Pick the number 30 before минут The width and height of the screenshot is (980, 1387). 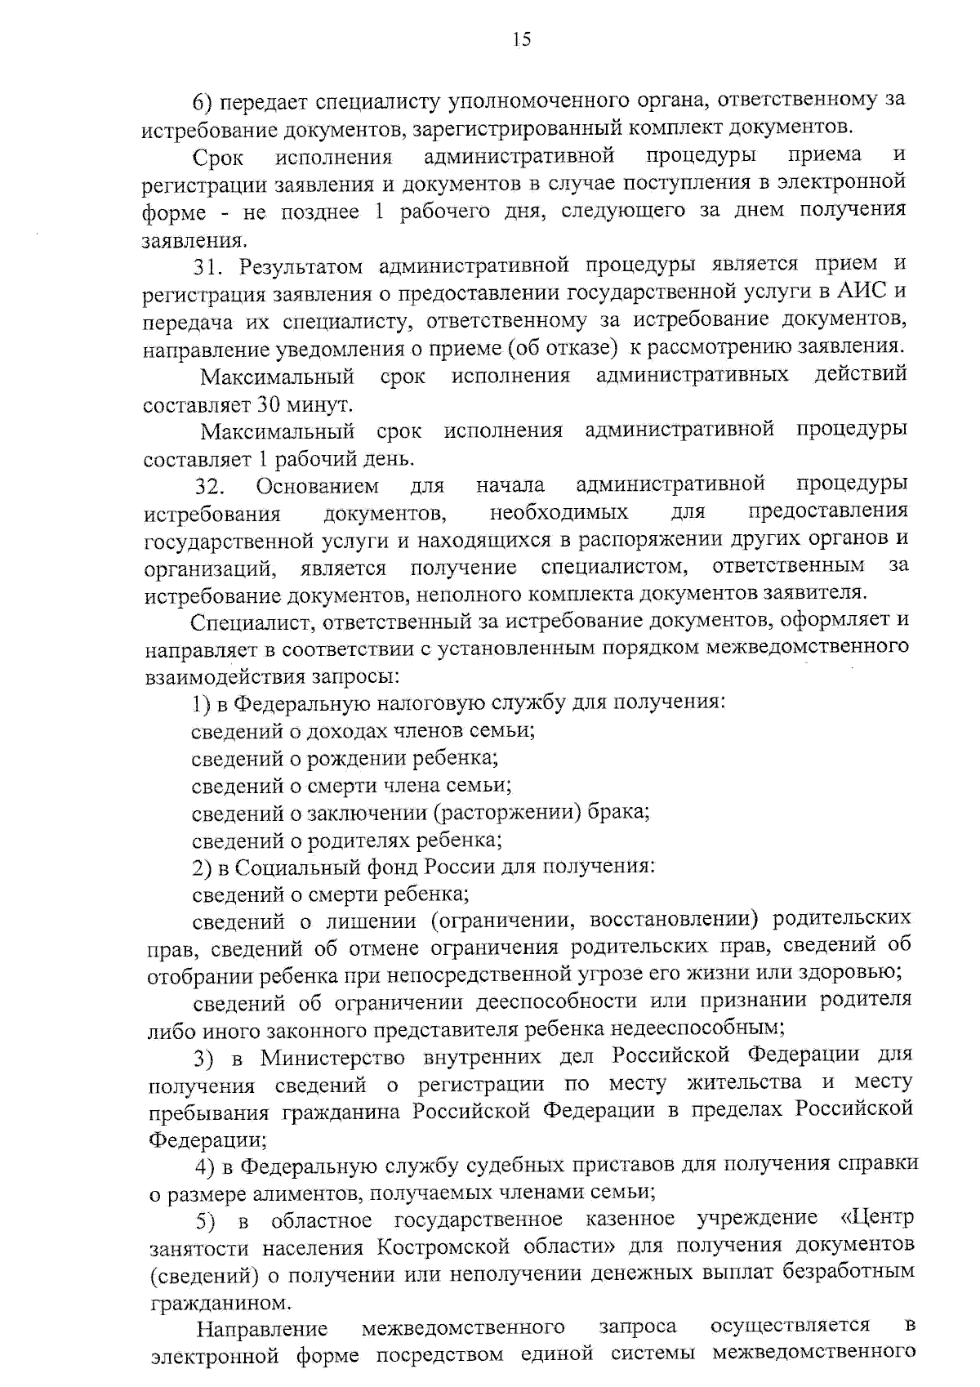(x=269, y=404)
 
